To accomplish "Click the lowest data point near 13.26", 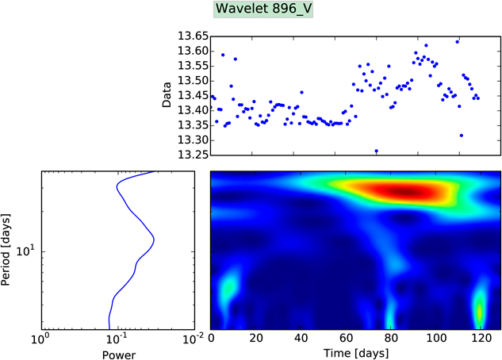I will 376,151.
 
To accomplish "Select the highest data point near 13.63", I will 457,41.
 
